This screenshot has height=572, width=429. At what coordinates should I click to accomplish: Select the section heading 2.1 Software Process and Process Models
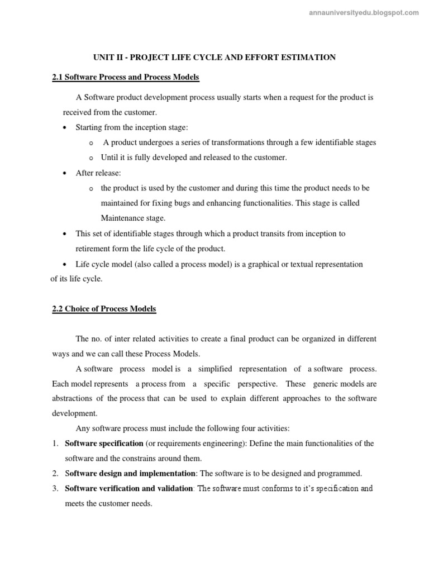pyautogui.click(x=126, y=77)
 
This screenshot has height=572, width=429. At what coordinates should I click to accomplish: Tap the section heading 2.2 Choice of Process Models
pyautogui.click(x=104, y=309)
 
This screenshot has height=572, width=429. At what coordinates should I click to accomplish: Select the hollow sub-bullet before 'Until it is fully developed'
pyautogui.click(x=92, y=158)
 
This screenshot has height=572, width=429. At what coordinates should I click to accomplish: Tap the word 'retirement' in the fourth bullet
pyautogui.click(x=94, y=249)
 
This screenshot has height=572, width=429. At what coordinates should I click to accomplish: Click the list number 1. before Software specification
pyautogui.click(x=55, y=444)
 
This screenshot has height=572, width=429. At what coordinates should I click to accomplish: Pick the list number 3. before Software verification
pyautogui.click(x=55, y=489)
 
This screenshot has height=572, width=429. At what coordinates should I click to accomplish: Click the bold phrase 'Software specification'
pyautogui.click(x=104, y=444)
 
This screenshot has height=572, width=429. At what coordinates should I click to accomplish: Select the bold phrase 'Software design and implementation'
pyautogui.click(x=130, y=474)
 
